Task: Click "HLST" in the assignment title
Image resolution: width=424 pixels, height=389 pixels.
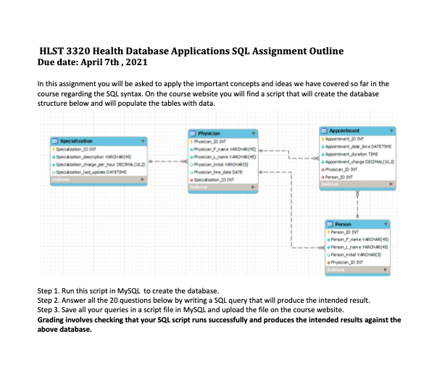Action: [x=55, y=52]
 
